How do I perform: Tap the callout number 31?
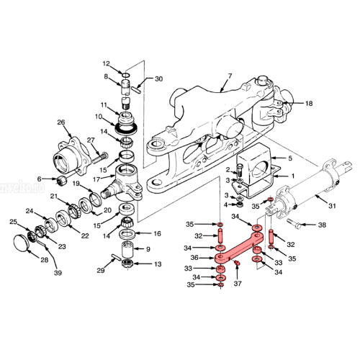(331, 205)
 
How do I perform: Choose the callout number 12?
(106, 63)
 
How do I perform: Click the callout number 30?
(159, 79)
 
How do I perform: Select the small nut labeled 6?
(63, 179)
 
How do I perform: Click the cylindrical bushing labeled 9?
(127, 249)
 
